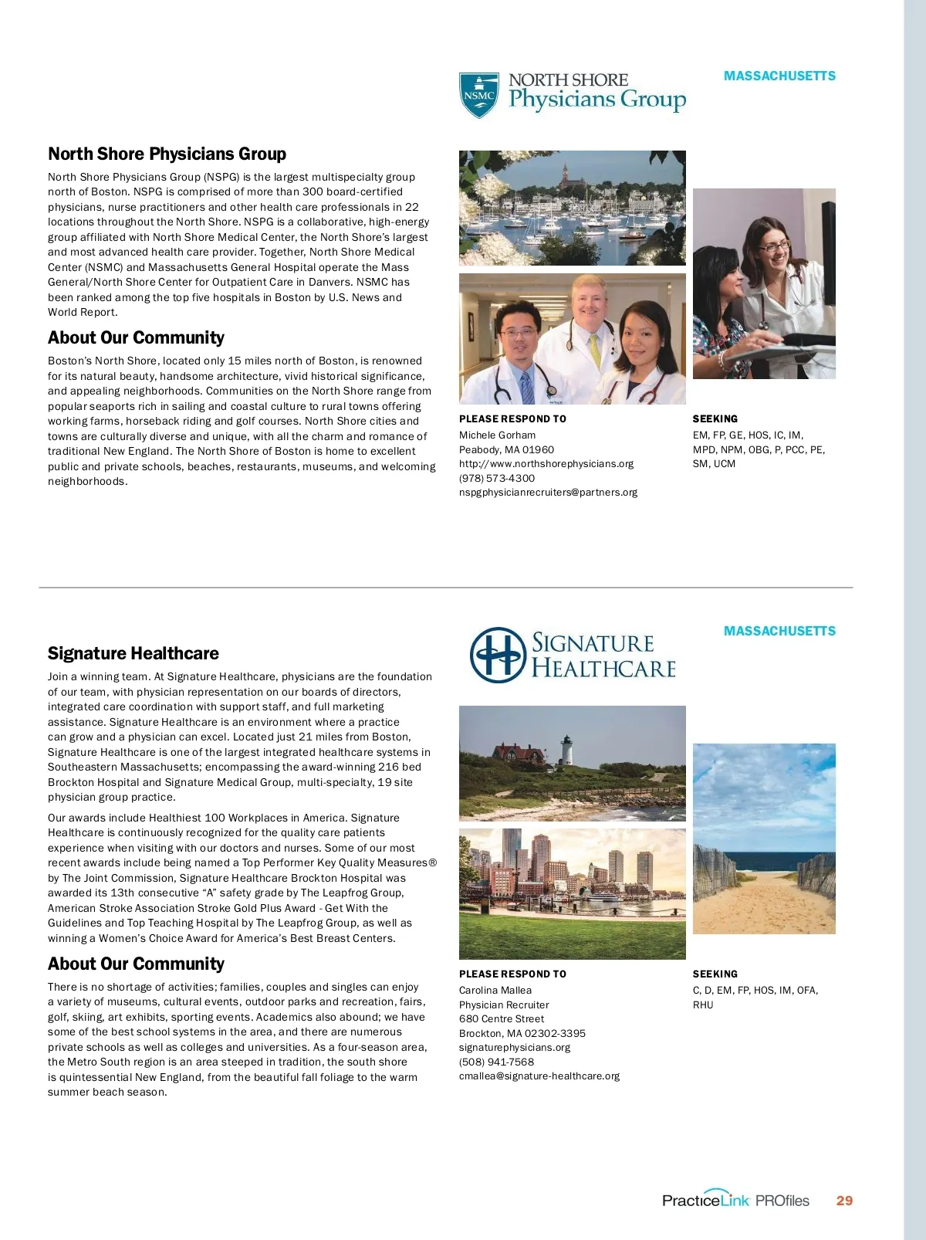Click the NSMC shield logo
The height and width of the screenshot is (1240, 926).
(478, 96)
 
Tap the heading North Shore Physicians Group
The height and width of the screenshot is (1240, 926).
(167, 154)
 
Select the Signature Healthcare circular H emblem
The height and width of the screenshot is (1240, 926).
(498, 655)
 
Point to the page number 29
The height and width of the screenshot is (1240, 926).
(844, 1201)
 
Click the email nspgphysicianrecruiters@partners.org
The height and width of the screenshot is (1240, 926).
(548, 492)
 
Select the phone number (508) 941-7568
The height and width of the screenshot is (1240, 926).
(496, 1062)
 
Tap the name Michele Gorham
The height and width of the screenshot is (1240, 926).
(497, 435)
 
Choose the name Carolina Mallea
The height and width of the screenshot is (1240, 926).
(495, 990)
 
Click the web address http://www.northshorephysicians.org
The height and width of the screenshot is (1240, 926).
(546, 463)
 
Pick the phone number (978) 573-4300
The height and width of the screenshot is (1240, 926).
(496, 478)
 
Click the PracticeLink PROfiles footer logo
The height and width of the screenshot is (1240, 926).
(735, 1200)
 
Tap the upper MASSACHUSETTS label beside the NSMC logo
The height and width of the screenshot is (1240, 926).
(779, 76)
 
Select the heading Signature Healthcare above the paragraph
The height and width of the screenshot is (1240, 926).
(133, 653)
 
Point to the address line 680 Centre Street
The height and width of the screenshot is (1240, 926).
(501, 1018)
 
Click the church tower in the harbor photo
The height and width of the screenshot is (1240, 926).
(565, 171)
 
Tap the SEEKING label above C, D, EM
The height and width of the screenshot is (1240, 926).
(715, 974)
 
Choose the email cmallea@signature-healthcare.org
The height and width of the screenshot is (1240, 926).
(539, 1076)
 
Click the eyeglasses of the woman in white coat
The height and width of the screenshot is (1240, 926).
(774, 246)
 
